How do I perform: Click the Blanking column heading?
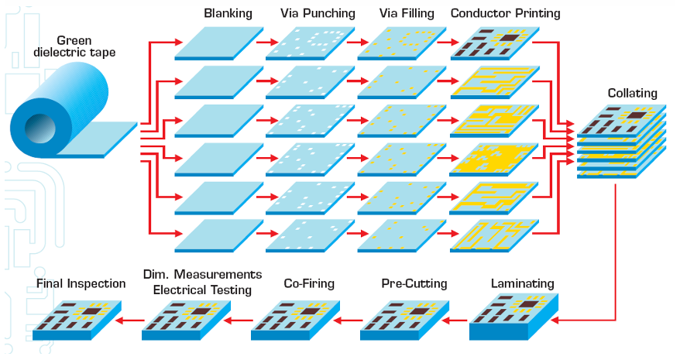[228, 13]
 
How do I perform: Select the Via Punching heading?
[318, 13]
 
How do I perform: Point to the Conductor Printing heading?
[505, 13]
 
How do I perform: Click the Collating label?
[632, 94]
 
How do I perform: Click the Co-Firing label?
[308, 283]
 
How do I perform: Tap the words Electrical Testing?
[202, 290]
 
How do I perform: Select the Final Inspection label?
[81, 283]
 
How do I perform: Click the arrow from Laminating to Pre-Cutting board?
[457, 318]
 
